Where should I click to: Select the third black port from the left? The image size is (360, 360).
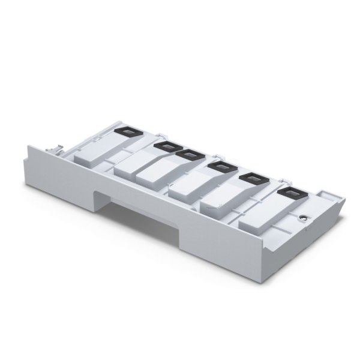click(x=190, y=155)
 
